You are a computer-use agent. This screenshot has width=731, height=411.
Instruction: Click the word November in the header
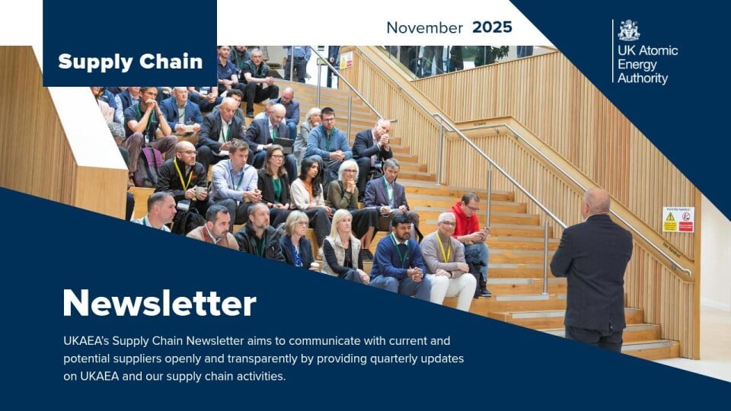(425, 27)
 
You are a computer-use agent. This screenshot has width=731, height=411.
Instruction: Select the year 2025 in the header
(492, 27)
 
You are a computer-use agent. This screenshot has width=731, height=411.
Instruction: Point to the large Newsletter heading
(159, 303)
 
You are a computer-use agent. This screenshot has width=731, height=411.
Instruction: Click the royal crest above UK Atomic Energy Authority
(629, 30)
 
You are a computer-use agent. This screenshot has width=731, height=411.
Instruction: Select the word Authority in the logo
(643, 78)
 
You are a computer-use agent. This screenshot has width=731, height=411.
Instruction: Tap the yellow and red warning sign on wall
(678, 219)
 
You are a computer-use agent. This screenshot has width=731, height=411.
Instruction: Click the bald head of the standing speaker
(596, 201)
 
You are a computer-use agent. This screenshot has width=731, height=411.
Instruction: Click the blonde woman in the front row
(343, 247)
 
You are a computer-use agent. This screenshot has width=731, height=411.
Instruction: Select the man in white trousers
(448, 261)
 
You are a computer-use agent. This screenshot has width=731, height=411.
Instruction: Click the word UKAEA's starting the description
(86, 341)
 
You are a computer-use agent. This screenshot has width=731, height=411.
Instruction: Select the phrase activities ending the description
(261, 376)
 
